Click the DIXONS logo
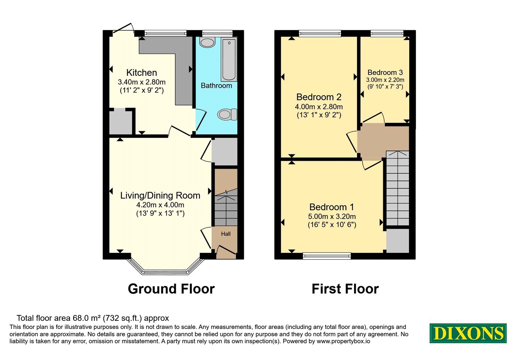click(468, 333)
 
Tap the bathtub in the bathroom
click(229, 59)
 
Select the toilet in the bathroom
click(227, 114)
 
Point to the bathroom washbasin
click(207, 42)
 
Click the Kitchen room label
click(142, 73)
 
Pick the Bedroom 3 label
click(385, 72)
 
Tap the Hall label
click(226, 234)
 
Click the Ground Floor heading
click(171, 289)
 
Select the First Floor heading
click(345, 289)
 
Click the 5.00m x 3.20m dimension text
click(332, 216)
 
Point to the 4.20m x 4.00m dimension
click(160, 204)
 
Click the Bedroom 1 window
click(327, 256)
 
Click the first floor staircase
click(398, 188)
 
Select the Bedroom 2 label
click(319, 97)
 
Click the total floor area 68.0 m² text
click(93, 318)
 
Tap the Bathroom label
click(217, 85)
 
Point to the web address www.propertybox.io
click(343, 341)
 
